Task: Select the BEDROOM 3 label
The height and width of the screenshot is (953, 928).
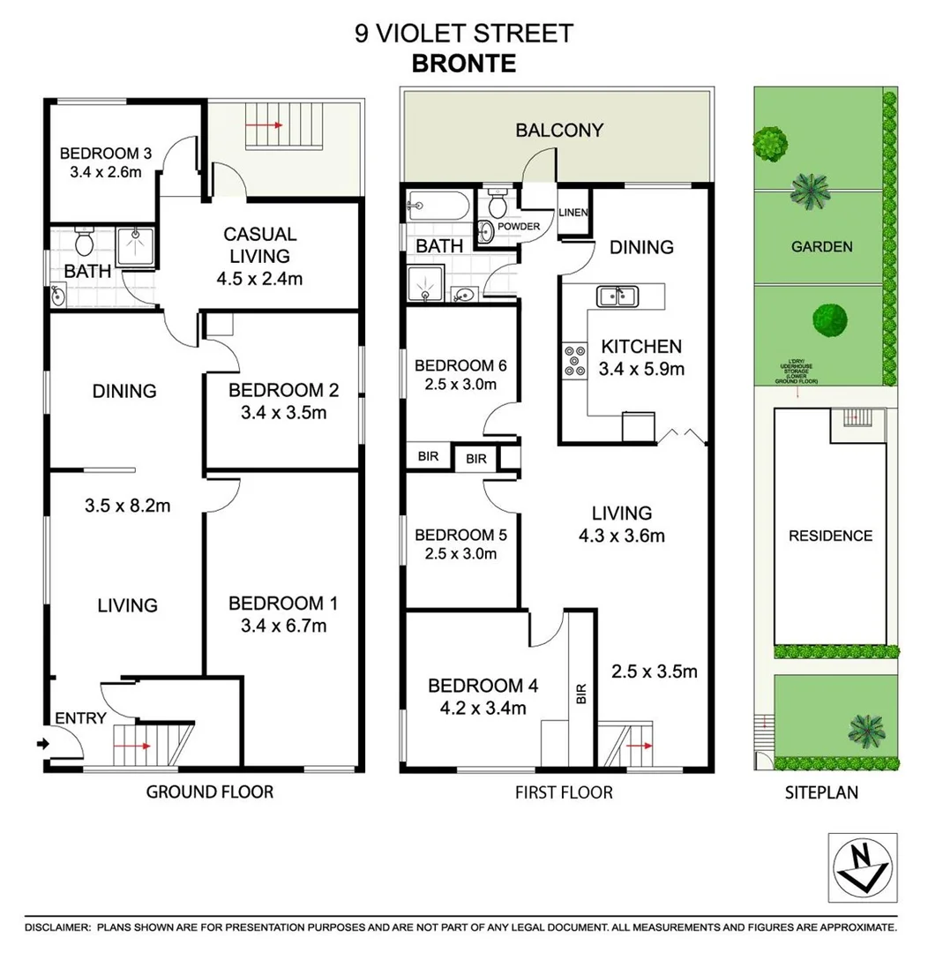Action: point(106,154)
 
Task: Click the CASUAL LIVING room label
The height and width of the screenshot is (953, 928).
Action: point(259,245)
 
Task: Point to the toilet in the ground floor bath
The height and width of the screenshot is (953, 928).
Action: point(85,240)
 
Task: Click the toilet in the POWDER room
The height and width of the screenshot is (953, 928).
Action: point(497,206)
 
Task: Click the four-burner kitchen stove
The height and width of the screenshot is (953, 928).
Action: point(575,362)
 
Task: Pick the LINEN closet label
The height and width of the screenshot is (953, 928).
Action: point(573,214)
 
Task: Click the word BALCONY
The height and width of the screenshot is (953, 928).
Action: point(559,131)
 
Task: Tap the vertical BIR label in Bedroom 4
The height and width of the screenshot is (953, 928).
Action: point(581,694)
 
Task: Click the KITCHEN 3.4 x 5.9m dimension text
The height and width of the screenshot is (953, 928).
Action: point(641,369)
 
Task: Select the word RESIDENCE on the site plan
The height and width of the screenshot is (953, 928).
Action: point(830,536)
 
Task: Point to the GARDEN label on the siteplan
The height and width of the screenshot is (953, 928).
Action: point(821,247)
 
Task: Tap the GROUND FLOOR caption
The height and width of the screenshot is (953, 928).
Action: point(210,792)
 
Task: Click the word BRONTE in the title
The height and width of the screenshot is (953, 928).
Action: point(465,64)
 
